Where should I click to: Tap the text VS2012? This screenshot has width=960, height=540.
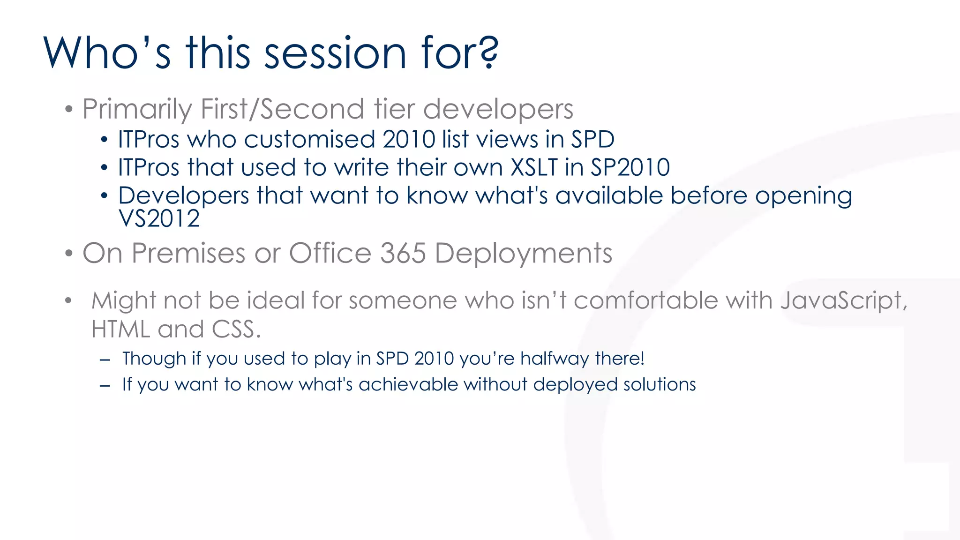159,218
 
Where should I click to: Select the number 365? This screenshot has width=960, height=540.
403,253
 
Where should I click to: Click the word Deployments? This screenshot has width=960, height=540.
523,254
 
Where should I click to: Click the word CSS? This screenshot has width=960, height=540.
236,329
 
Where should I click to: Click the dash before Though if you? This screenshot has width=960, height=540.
105,360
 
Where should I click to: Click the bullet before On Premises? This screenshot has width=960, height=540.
69,254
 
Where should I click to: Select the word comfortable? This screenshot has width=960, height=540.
645,300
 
